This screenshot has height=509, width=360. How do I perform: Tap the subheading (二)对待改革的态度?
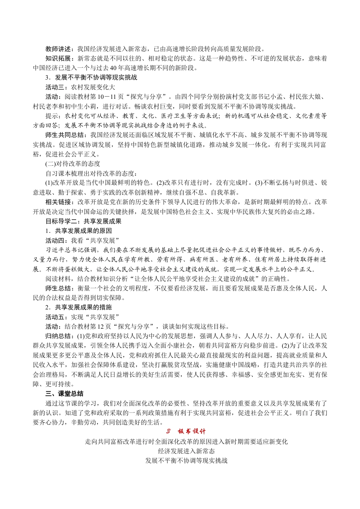73,164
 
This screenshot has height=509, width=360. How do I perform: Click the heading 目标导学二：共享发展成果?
83,221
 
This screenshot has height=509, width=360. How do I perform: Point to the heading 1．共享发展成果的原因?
78,231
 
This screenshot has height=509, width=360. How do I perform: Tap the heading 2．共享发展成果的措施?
78,307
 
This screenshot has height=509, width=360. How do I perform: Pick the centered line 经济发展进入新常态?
186,451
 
